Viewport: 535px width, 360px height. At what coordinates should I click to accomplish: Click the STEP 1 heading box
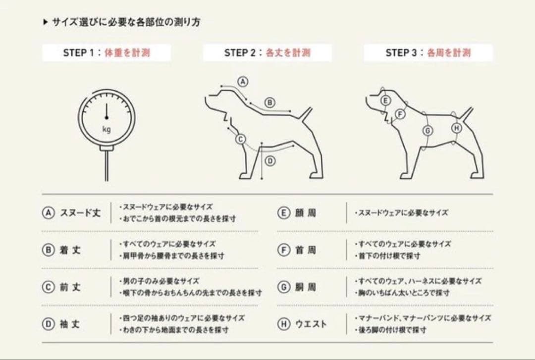[x=106, y=52]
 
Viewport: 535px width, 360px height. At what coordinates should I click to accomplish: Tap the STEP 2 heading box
[x=267, y=52]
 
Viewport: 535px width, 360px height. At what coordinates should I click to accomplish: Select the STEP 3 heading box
[x=428, y=52]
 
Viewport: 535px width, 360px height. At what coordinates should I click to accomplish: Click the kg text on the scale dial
[x=106, y=130]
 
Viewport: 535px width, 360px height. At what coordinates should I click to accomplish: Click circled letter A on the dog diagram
[x=243, y=82]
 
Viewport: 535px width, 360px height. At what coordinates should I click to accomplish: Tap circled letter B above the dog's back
[x=270, y=103]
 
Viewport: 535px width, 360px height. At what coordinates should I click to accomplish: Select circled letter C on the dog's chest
[x=241, y=140]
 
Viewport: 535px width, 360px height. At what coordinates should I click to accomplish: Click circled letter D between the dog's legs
[x=270, y=161]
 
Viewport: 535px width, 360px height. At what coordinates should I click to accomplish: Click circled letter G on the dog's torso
[x=428, y=131]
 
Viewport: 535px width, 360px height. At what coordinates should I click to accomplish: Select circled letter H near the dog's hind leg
[x=457, y=128]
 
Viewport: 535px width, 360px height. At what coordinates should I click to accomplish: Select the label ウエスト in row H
[x=311, y=324]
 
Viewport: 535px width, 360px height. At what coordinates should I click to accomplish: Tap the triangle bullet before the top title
[x=46, y=22]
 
